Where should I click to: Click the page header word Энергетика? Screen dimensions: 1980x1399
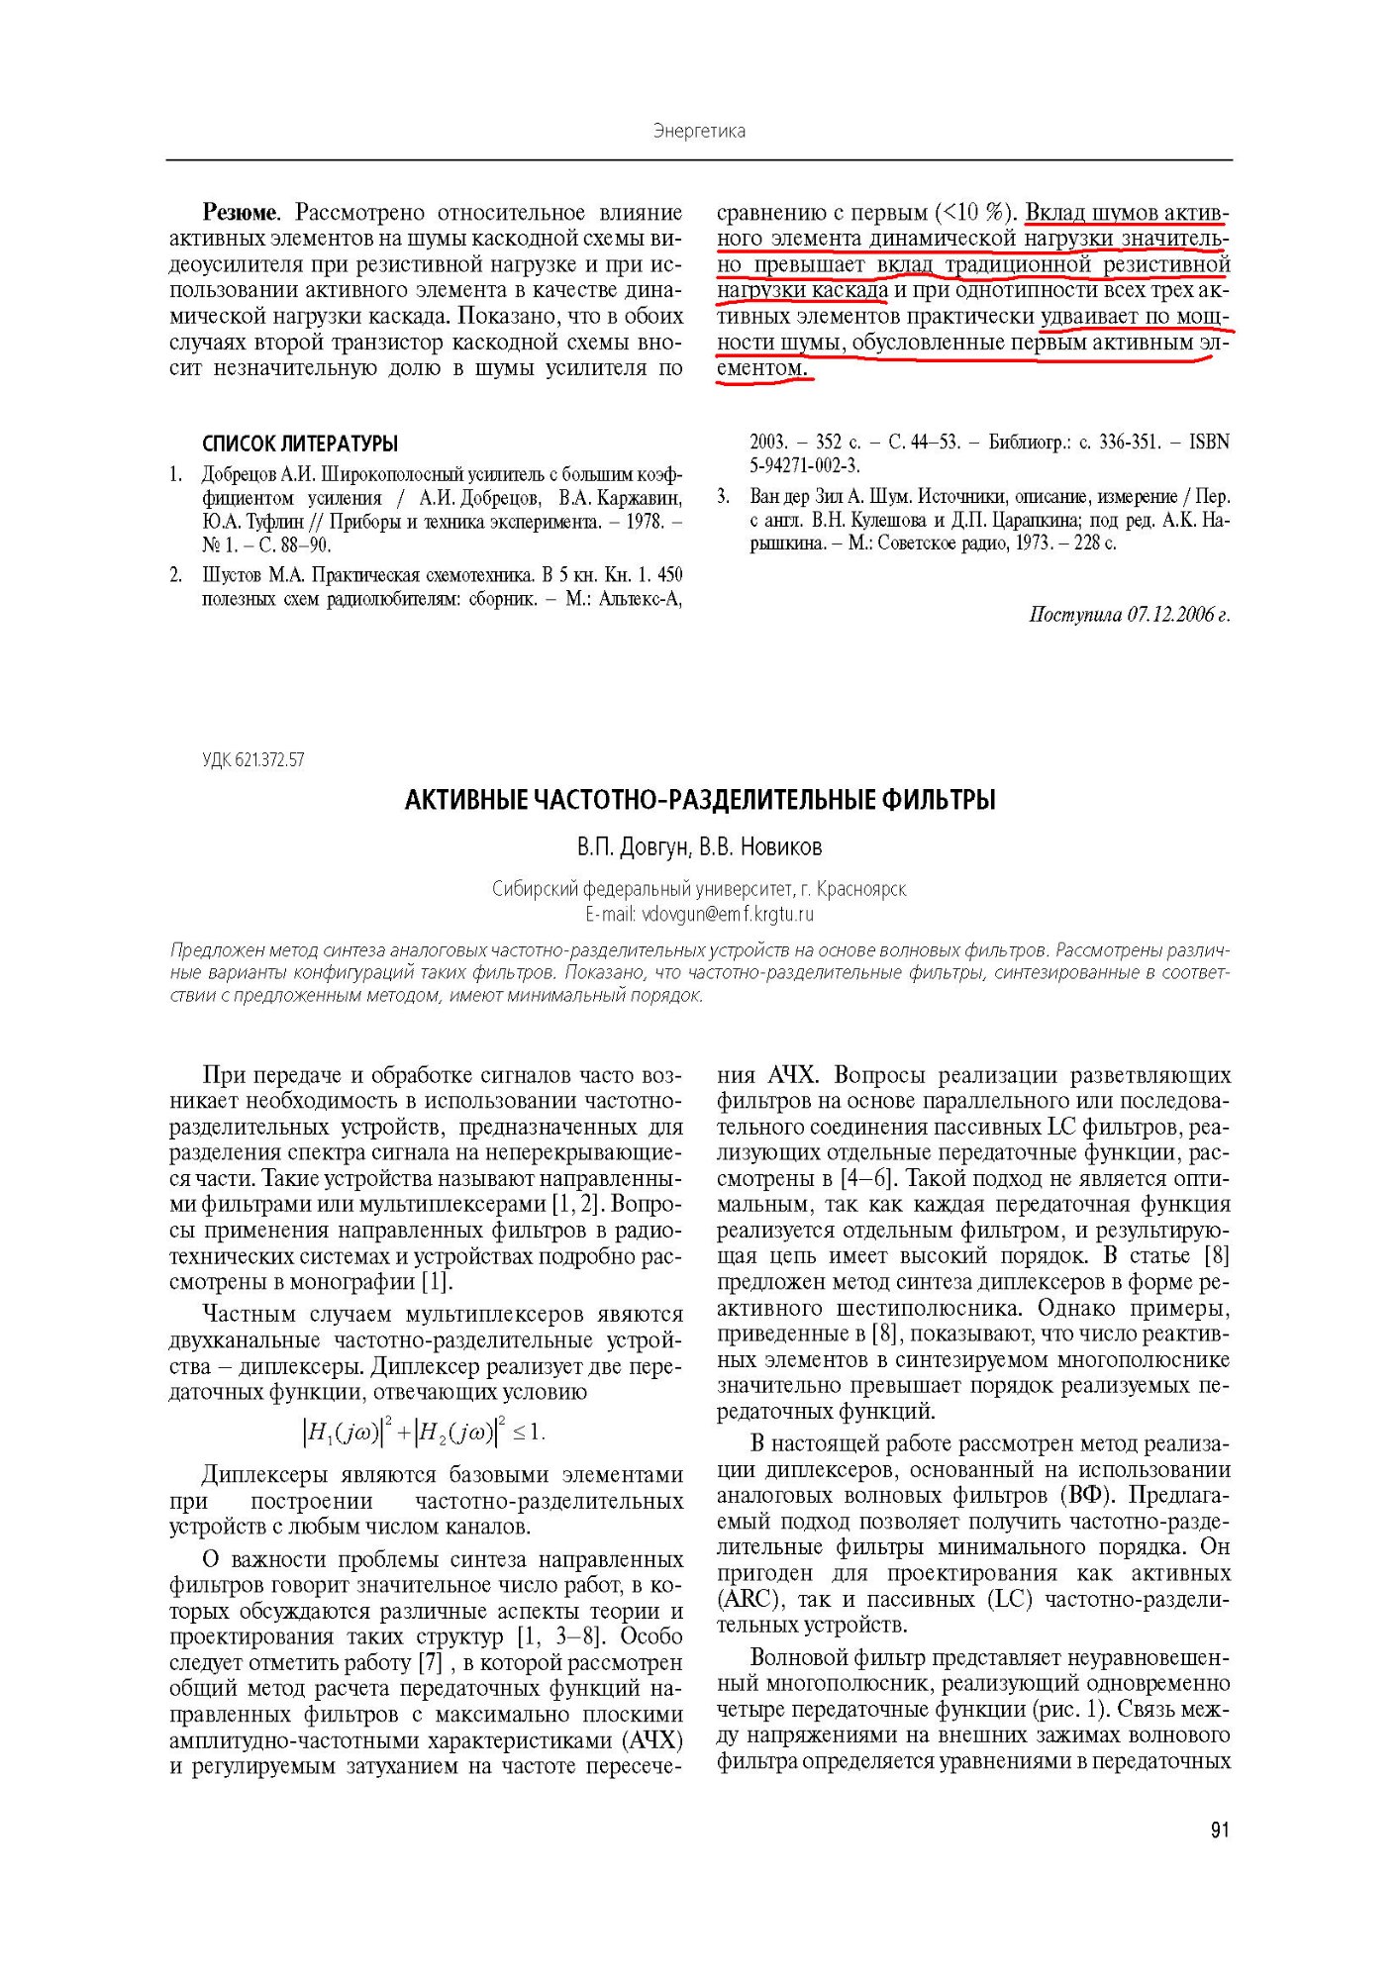699,131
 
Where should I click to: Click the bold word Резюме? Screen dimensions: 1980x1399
241,213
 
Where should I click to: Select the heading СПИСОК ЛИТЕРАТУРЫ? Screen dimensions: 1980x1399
300,444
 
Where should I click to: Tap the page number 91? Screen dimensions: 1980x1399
1219,1830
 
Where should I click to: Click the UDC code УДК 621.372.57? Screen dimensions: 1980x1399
253,760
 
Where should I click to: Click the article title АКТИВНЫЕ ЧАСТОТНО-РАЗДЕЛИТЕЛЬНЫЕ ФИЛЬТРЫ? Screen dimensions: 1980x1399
700,800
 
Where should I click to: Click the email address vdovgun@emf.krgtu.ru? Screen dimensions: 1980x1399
728,914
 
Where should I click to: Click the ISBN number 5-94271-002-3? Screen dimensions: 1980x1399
805,465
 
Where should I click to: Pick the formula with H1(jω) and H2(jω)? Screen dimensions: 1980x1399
424,1431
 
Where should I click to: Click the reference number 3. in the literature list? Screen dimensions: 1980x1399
725,496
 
